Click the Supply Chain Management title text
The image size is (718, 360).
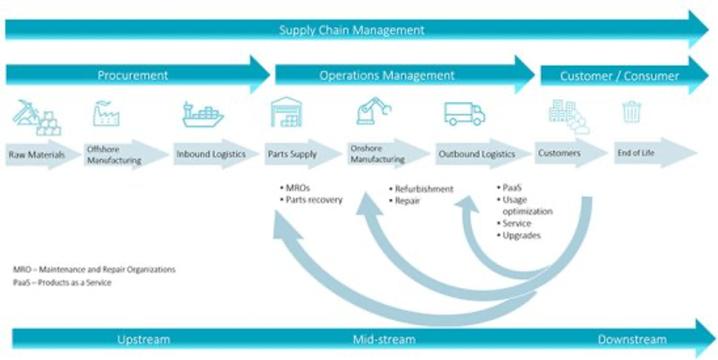(351, 30)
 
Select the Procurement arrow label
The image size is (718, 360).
(132, 76)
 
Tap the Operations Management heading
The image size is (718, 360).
(387, 76)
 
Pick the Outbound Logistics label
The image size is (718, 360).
(476, 155)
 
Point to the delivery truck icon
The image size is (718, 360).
(465, 114)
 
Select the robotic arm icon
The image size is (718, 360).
(375, 113)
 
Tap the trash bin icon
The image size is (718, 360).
(631, 112)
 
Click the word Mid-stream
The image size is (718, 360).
(383, 339)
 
